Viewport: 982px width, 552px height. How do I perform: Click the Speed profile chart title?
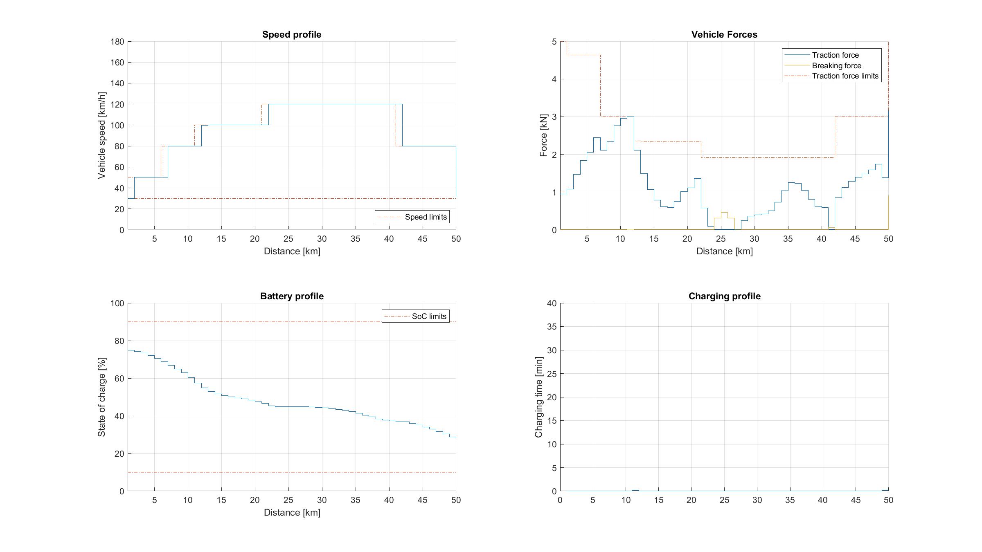pyautogui.click(x=292, y=35)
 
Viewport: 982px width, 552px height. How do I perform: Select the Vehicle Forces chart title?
pyautogui.click(x=724, y=35)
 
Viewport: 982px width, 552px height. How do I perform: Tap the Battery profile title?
pyautogui.click(x=292, y=296)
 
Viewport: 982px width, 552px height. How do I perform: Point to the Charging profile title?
pyautogui.click(x=724, y=296)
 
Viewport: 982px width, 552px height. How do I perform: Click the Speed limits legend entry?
pyautogui.click(x=426, y=217)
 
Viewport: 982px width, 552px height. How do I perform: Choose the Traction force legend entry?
pyautogui.click(x=835, y=55)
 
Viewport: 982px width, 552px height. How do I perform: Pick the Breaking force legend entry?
pyautogui.click(x=836, y=66)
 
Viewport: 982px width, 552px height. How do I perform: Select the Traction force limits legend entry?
pyautogui.click(x=845, y=76)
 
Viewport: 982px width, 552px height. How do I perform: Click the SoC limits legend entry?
pyautogui.click(x=429, y=316)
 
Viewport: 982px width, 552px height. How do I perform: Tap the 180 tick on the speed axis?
pyautogui.click(x=117, y=42)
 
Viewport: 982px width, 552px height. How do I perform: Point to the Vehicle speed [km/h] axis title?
pyautogui.click(x=101, y=135)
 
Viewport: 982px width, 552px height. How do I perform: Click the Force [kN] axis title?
pyautogui.click(x=543, y=135)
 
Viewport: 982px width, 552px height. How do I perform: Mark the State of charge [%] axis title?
pyautogui.click(x=101, y=397)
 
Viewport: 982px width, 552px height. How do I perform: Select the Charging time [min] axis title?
pyautogui.click(x=538, y=397)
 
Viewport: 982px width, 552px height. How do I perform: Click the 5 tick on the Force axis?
pyautogui.click(x=554, y=42)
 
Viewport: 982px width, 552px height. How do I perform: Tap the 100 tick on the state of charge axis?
pyautogui.click(x=117, y=303)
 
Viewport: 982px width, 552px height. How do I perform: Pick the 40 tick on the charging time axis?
pyautogui.click(x=552, y=303)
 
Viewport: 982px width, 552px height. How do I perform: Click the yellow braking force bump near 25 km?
pyautogui.click(x=724, y=213)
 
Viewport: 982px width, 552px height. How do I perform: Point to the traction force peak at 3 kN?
pyautogui.click(x=630, y=117)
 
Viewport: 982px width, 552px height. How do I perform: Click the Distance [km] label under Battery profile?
pyautogui.click(x=292, y=513)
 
